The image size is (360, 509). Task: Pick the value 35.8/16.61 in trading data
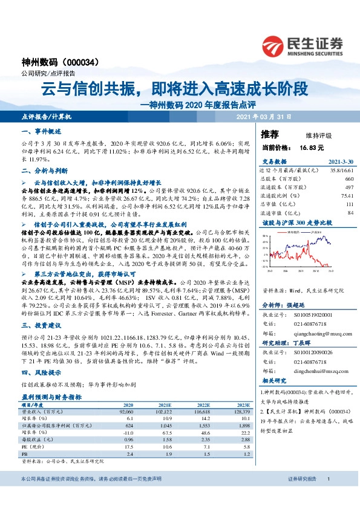click(341, 171)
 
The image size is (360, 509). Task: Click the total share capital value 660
click(349, 180)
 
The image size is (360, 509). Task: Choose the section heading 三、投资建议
click(41, 325)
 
